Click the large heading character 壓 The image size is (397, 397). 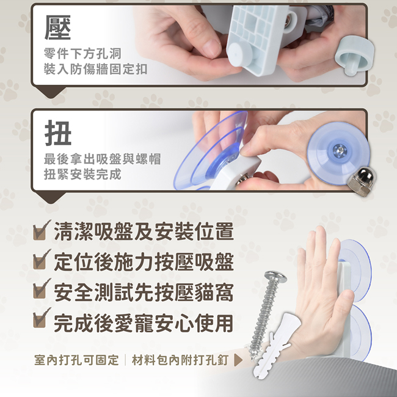(58, 27)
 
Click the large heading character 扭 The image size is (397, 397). (58, 133)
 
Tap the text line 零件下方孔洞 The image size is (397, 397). (82, 53)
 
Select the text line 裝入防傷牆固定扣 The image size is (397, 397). (95, 69)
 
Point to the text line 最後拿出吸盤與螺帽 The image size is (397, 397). (102, 159)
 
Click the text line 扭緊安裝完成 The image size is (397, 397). (82, 174)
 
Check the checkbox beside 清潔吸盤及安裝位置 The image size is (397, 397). (42, 230)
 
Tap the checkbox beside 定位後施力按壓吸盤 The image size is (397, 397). (42, 260)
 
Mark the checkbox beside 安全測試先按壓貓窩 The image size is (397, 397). (42, 289)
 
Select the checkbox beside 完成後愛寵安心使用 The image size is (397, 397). (42, 318)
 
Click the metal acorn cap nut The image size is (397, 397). (362, 181)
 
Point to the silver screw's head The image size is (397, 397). (275, 277)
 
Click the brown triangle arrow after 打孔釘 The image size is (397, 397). (238, 360)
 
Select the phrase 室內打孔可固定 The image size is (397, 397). (76, 360)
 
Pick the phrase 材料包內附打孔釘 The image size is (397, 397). (180, 360)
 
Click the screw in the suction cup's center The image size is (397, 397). (339, 151)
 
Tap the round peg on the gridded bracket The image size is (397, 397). (240, 54)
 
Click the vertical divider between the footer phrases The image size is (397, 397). (125, 360)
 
